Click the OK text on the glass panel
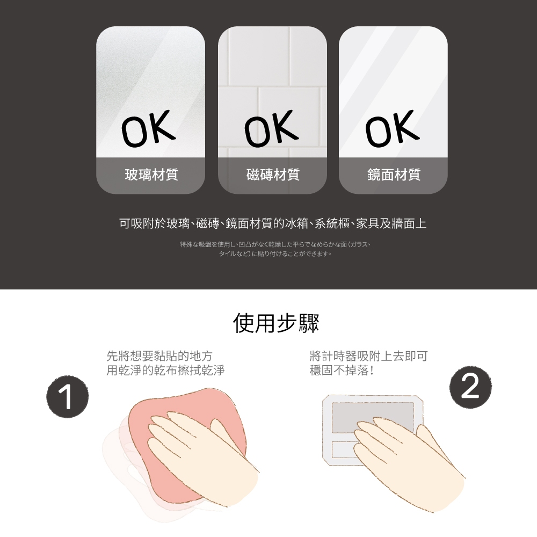(x=148, y=128)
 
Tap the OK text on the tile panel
(x=271, y=128)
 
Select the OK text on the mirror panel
(x=393, y=128)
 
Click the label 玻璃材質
(x=151, y=175)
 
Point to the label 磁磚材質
(x=273, y=175)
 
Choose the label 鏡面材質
(x=394, y=175)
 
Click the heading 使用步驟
(x=276, y=323)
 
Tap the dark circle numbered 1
(x=68, y=396)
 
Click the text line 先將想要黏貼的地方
(x=159, y=356)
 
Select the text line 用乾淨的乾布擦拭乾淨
(x=165, y=370)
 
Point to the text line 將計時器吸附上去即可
(x=368, y=356)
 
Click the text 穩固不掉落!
(x=342, y=370)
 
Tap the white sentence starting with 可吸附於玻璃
(x=273, y=223)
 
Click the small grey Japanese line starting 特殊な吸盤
(x=275, y=244)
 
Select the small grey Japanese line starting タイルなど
(x=275, y=254)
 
